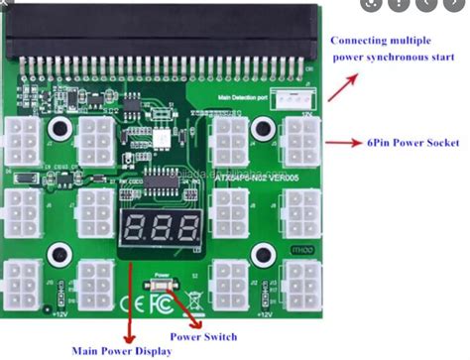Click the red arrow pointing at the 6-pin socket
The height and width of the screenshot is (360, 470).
343,143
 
